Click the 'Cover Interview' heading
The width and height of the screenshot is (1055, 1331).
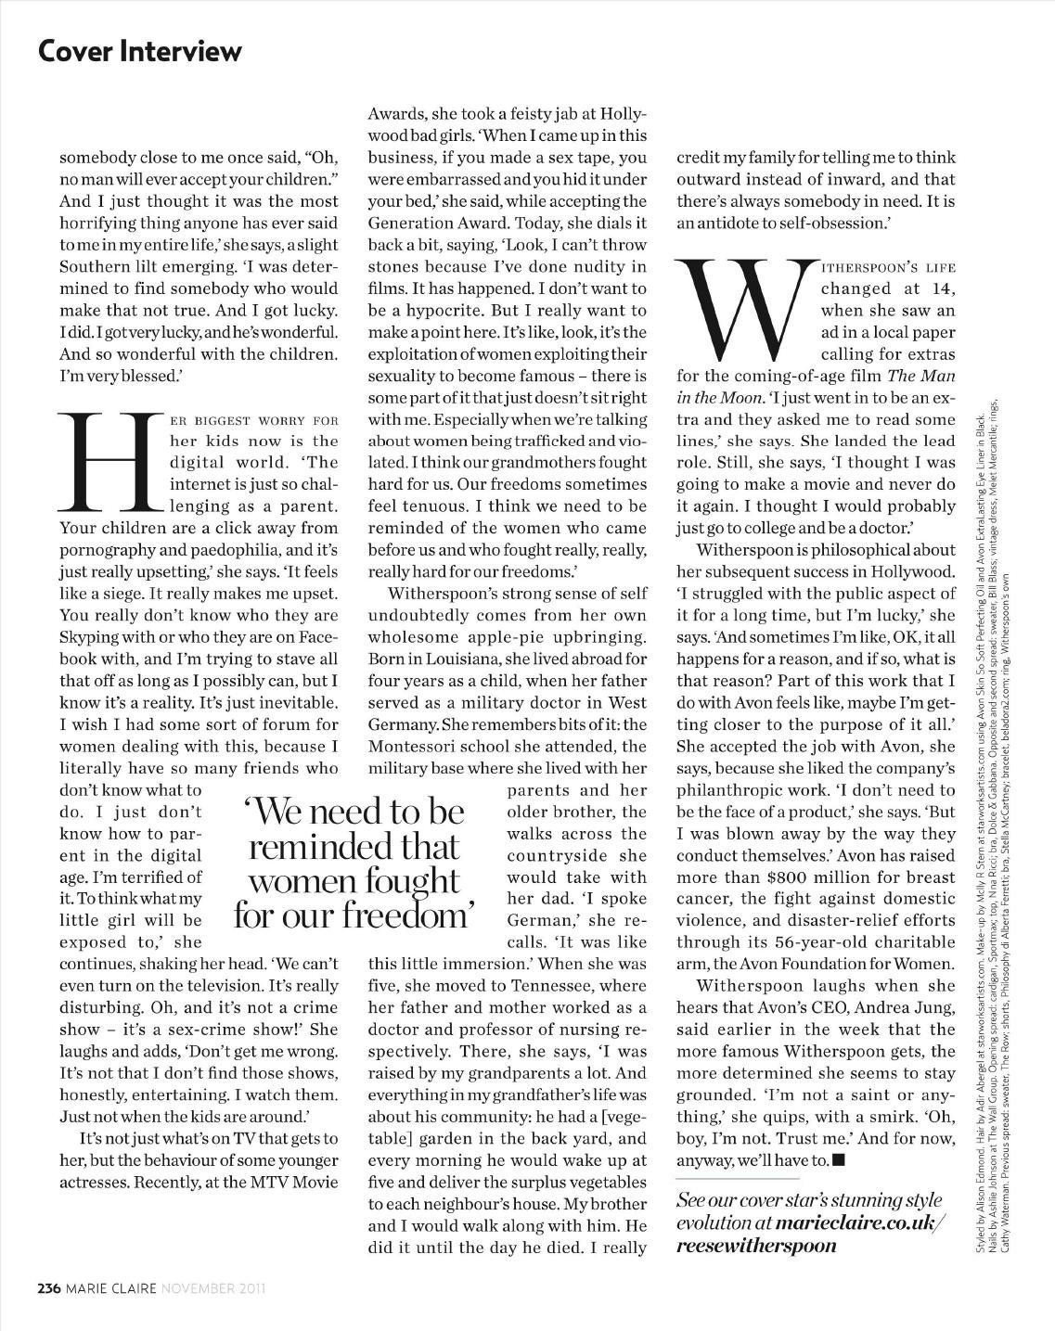[x=140, y=50]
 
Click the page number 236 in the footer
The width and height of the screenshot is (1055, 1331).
[x=49, y=1288]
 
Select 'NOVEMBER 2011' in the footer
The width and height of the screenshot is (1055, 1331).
[x=214, y=1288]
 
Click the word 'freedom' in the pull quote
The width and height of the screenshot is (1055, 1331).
[x=408, y=915]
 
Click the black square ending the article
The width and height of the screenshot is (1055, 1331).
[x=839, y=1159]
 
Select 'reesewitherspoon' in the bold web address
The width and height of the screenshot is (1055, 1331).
[x=756, y=1245]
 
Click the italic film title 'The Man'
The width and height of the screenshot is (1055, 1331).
[x=920, y=376]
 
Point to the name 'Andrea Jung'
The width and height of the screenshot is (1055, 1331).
[x=909, y=1007]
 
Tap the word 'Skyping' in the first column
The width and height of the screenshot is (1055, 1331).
[x=95, y=637]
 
